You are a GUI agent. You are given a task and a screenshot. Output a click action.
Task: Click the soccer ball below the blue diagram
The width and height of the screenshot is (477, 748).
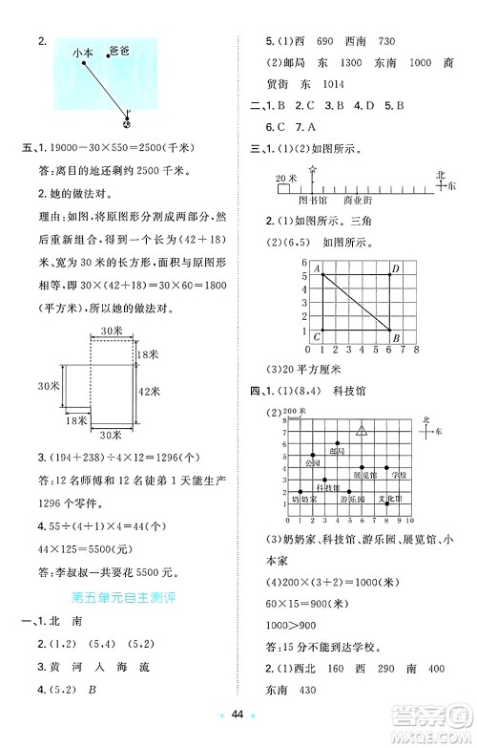130,119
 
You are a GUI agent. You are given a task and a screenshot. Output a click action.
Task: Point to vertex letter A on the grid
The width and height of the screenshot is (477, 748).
317,270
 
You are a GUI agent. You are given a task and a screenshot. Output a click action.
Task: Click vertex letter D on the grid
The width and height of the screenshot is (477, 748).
395,271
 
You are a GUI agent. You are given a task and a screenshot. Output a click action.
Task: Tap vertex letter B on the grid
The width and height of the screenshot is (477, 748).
395,336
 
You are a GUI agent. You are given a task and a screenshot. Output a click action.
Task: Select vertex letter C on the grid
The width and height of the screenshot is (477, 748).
317,336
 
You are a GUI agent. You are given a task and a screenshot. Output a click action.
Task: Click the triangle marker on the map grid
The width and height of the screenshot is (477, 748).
362,431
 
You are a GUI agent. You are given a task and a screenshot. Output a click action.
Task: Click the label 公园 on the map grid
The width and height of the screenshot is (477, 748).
310,461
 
